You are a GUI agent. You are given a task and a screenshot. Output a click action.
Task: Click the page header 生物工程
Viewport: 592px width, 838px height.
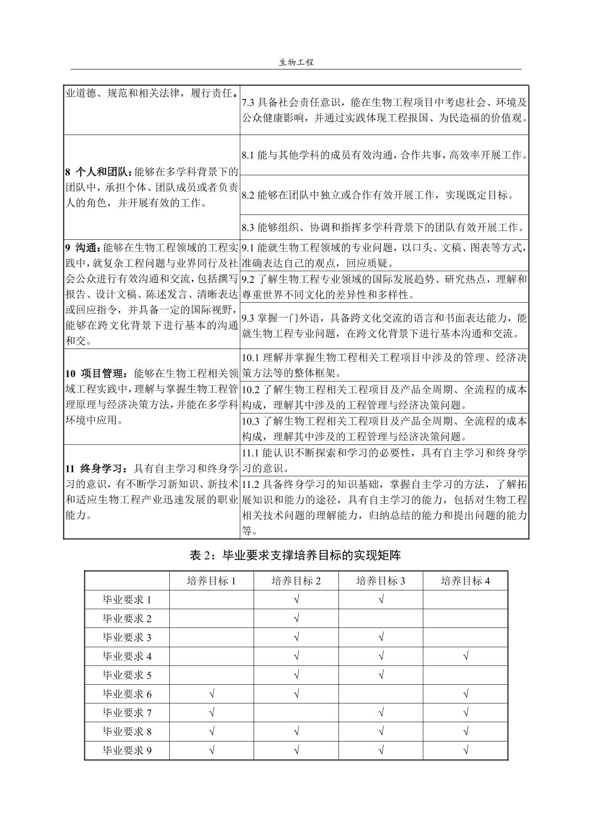coord(296,62)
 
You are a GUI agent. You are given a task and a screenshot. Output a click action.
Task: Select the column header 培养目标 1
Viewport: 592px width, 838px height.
coord(211,581)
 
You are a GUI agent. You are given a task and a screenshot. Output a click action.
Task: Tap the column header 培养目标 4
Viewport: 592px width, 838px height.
coord(465,581)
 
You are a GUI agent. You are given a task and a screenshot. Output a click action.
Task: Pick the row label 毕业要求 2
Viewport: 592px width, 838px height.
coord(127,619)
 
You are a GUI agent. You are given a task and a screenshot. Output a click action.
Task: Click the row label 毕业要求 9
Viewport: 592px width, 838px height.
coord(127,750)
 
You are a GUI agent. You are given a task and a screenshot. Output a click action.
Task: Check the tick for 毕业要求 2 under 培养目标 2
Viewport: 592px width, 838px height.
coord(297,619)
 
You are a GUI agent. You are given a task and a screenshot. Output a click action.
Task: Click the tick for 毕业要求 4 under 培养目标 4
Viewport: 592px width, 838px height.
coord(466,656)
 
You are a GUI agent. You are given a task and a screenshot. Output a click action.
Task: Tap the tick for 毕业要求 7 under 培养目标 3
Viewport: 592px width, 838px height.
coord(381,713)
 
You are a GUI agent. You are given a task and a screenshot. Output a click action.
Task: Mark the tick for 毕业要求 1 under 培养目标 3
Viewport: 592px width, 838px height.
coord(381,600)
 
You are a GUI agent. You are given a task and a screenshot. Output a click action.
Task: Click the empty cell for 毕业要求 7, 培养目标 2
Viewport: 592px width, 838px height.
coord(297,713)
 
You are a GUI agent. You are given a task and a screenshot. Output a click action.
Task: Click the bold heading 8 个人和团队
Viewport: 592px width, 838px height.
coord(98,171)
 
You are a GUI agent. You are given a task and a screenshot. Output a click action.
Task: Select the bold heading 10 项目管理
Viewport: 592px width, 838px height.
coord(98,373)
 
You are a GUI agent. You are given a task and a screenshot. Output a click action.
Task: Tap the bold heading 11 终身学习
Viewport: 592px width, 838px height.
coord(98,469)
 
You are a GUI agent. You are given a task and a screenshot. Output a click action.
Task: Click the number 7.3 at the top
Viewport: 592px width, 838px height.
coord(249,103)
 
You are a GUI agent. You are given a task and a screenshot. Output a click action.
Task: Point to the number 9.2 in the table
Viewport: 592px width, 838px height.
coord(249,279)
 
